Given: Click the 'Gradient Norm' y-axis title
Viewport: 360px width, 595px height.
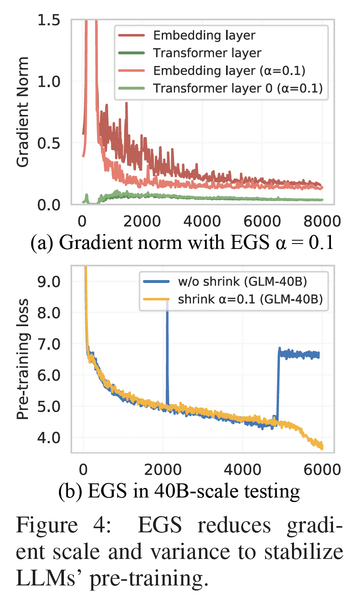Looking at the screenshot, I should (23, 112).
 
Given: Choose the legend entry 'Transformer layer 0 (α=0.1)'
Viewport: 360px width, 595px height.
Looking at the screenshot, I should (237, 88).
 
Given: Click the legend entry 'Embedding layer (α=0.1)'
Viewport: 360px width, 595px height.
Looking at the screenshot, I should (229, 71).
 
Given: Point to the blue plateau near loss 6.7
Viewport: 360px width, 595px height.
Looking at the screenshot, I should (299, 354).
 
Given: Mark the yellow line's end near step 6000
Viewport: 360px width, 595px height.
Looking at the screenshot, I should (321, 446).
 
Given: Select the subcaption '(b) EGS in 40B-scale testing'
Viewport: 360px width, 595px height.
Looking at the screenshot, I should (179, 491).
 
